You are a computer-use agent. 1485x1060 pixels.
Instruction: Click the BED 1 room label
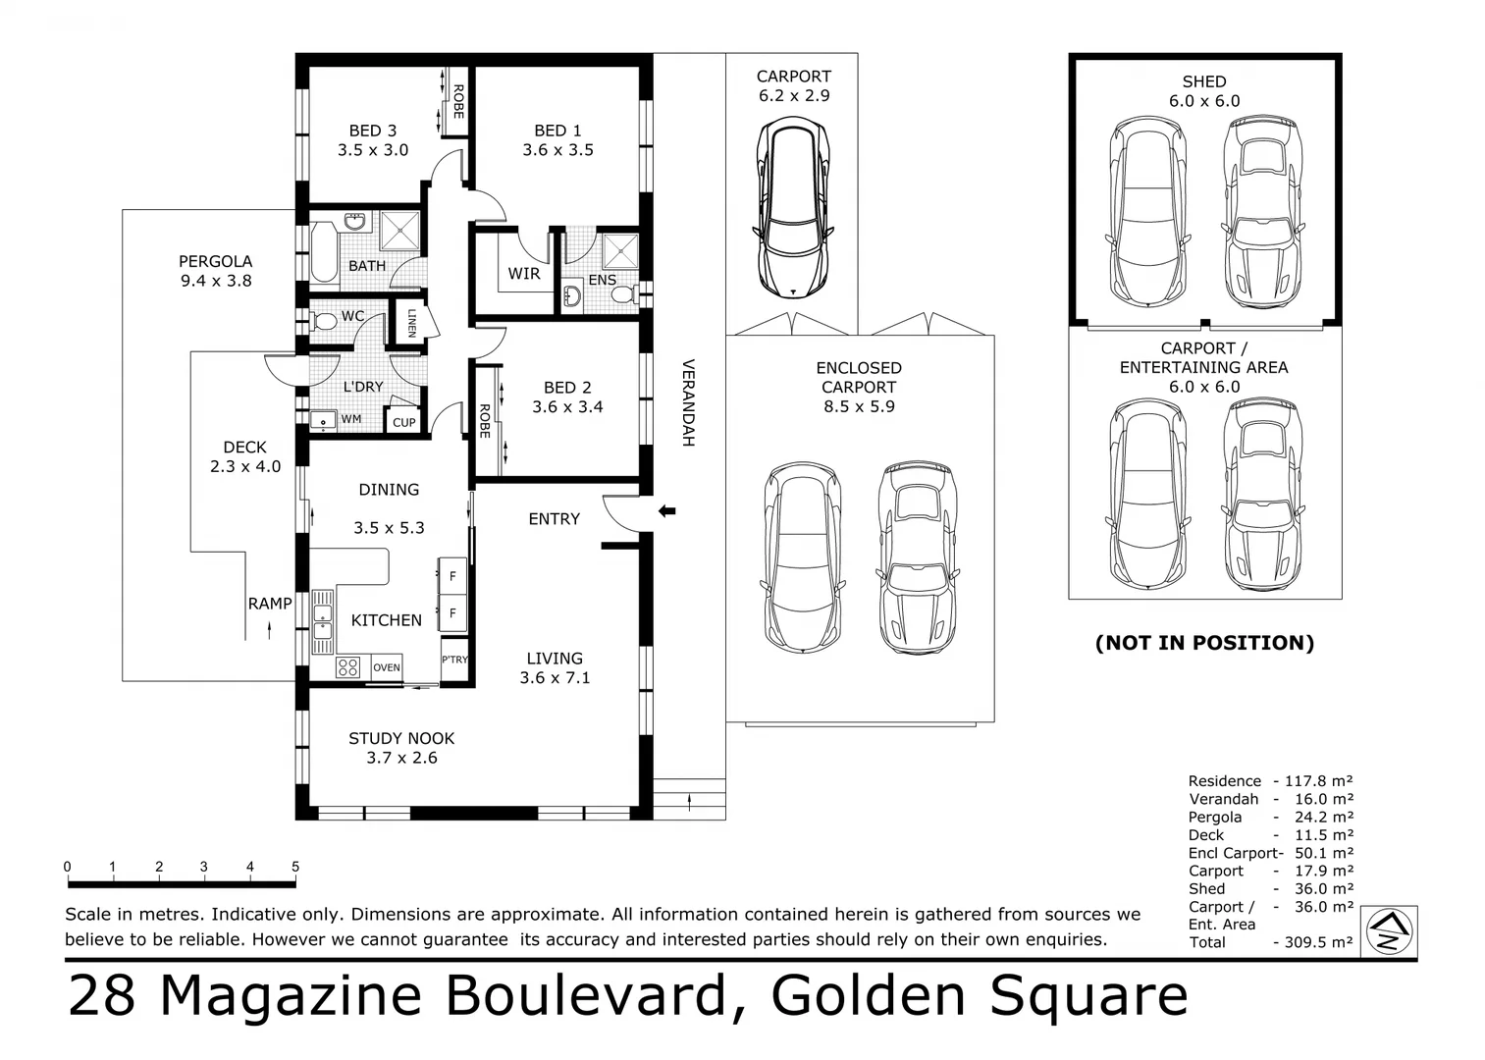[557, 131]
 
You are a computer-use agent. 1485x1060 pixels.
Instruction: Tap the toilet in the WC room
[323, 320]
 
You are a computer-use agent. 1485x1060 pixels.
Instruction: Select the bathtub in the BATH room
[323, 254]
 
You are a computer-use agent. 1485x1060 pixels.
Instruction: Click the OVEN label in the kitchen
[387, 667]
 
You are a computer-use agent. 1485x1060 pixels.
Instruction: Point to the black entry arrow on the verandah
[667, 510]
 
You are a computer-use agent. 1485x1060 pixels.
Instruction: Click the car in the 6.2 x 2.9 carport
[793, 207]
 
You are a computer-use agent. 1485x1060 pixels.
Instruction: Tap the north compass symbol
[1389, 930]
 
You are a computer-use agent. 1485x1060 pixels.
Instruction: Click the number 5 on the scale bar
[295, 867]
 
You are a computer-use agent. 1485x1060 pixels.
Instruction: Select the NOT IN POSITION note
[1204, 643]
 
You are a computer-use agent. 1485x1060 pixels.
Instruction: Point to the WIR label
[524, 274]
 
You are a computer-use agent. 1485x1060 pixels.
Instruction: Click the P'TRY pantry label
[454, 660]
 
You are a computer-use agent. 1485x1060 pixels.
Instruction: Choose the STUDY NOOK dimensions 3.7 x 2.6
[401, 758]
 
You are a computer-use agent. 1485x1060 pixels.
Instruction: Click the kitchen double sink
[322, 621]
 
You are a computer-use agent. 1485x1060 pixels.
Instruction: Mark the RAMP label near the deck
[269, 604]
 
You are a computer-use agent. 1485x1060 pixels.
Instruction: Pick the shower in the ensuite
[620, 250]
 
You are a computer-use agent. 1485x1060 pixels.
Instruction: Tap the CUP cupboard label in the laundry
[404, 423]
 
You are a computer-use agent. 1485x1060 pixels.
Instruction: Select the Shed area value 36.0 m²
[1323, 889]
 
